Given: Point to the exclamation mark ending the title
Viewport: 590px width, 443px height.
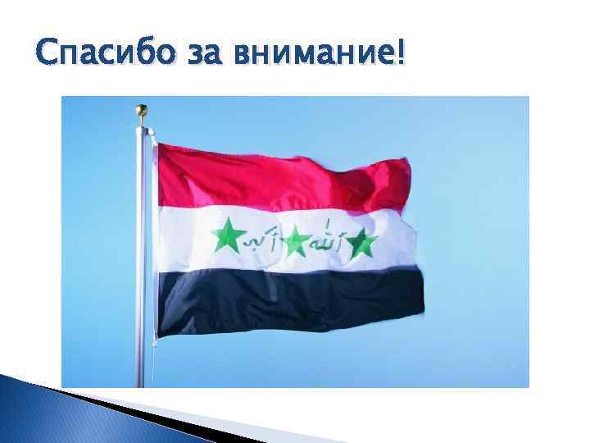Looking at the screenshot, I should (x=399, y=54).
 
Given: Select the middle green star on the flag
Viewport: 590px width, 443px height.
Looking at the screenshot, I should (x=297, y=240).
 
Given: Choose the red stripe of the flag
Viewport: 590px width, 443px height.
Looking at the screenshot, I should (x=279, y=176).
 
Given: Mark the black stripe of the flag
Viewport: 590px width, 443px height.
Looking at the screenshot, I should (x=287, y=299).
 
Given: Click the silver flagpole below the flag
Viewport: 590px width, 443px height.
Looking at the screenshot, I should (x=146, y=361).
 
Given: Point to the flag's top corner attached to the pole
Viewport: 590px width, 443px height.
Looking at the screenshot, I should (x=158, y=146).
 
